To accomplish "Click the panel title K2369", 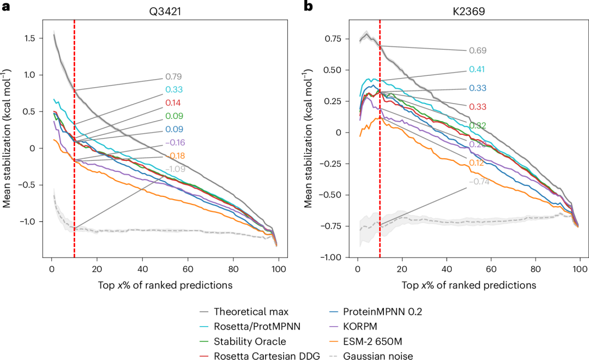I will (x=468, y=9).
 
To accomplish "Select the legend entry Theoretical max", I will (x=251, y=313).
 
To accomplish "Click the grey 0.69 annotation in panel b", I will (x=477, y=51).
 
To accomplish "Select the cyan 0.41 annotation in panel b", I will (x=477, y=70).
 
